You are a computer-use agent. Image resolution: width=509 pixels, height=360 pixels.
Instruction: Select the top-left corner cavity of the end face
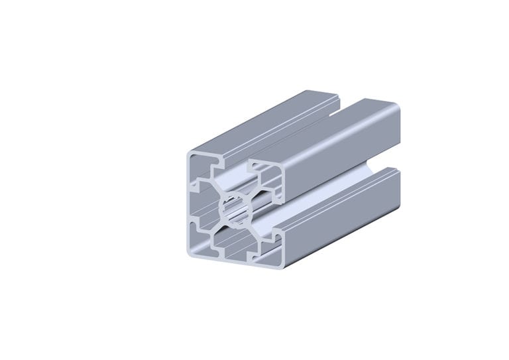click(x=201, y=166)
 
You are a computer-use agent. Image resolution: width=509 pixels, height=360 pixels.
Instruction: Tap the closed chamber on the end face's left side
click(x=198, y=202)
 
